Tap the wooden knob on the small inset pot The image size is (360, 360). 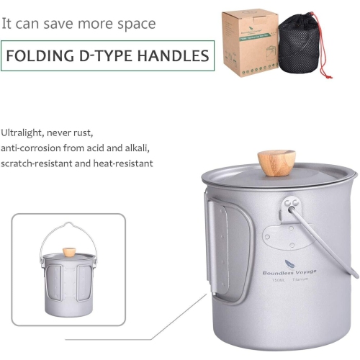point(69,253)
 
